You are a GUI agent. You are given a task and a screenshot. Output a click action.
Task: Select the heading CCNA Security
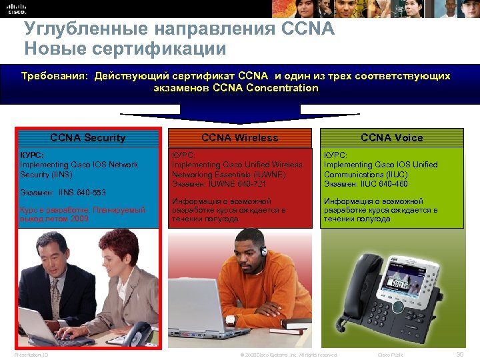[x=88, y=138]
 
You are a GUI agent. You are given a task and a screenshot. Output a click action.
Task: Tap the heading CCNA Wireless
[x=239, y=138]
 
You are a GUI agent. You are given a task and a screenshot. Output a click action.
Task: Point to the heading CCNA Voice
[x=391, y=138]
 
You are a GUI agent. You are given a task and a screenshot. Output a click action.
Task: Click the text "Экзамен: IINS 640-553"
[x=63, y=193]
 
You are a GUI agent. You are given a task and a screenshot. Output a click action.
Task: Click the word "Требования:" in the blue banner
[x=55, y=77]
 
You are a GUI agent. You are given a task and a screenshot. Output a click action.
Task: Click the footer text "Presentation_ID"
[x=31, y=355]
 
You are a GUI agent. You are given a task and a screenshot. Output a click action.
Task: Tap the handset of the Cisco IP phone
[x=357, y=287]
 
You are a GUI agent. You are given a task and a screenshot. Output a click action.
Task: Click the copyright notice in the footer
[x=288, y=355]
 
